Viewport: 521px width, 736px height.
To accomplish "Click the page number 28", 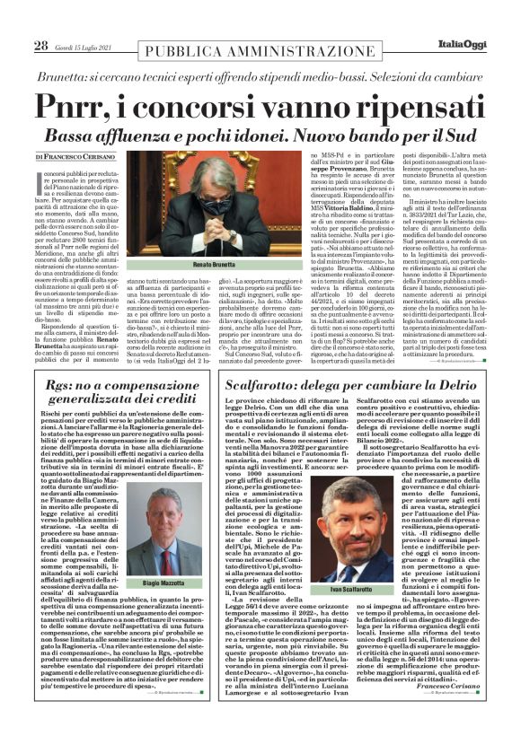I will pyautogui.click(x=40, y=45).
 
